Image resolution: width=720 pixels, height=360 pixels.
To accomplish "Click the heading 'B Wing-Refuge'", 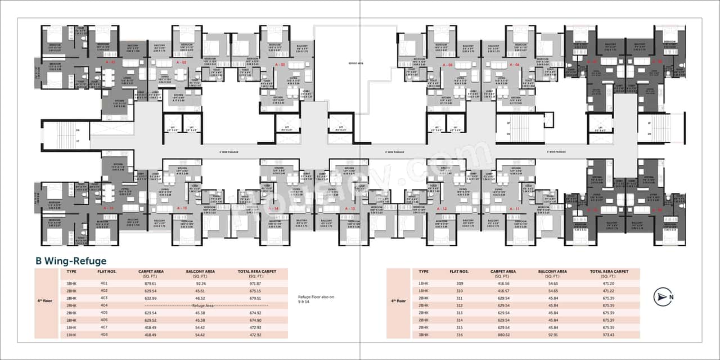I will (x=71, y=261).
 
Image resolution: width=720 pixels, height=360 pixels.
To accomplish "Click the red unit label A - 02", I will (x=181, y=62).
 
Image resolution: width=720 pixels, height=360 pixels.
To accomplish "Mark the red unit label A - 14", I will (x=274, y=209).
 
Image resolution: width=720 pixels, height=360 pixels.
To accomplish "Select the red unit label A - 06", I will (x=514, y=65).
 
